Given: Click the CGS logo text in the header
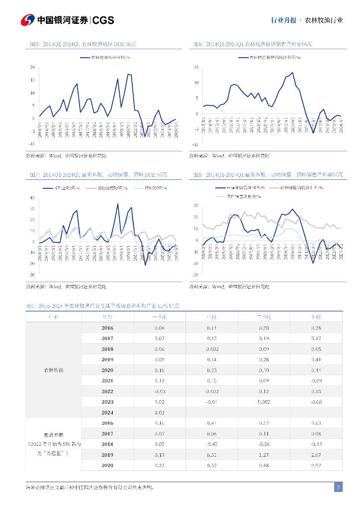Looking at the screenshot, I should (103, 20).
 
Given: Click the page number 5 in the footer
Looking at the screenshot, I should (338, 488).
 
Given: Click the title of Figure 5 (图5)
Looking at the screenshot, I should (83, 44).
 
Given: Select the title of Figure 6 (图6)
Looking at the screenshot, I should (253, 44).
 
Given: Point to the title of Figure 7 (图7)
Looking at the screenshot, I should (98, 175).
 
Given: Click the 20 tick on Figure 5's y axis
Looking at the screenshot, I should (32, 67).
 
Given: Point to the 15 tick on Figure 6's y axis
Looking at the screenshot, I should (196, 67).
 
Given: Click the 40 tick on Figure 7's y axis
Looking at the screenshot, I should (32, 197).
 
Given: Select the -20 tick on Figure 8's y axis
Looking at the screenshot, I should (195, 274).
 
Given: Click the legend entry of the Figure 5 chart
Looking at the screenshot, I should (104, 58).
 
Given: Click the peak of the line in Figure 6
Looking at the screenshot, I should (292, 73).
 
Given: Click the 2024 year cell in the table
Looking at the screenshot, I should (107, 413).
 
